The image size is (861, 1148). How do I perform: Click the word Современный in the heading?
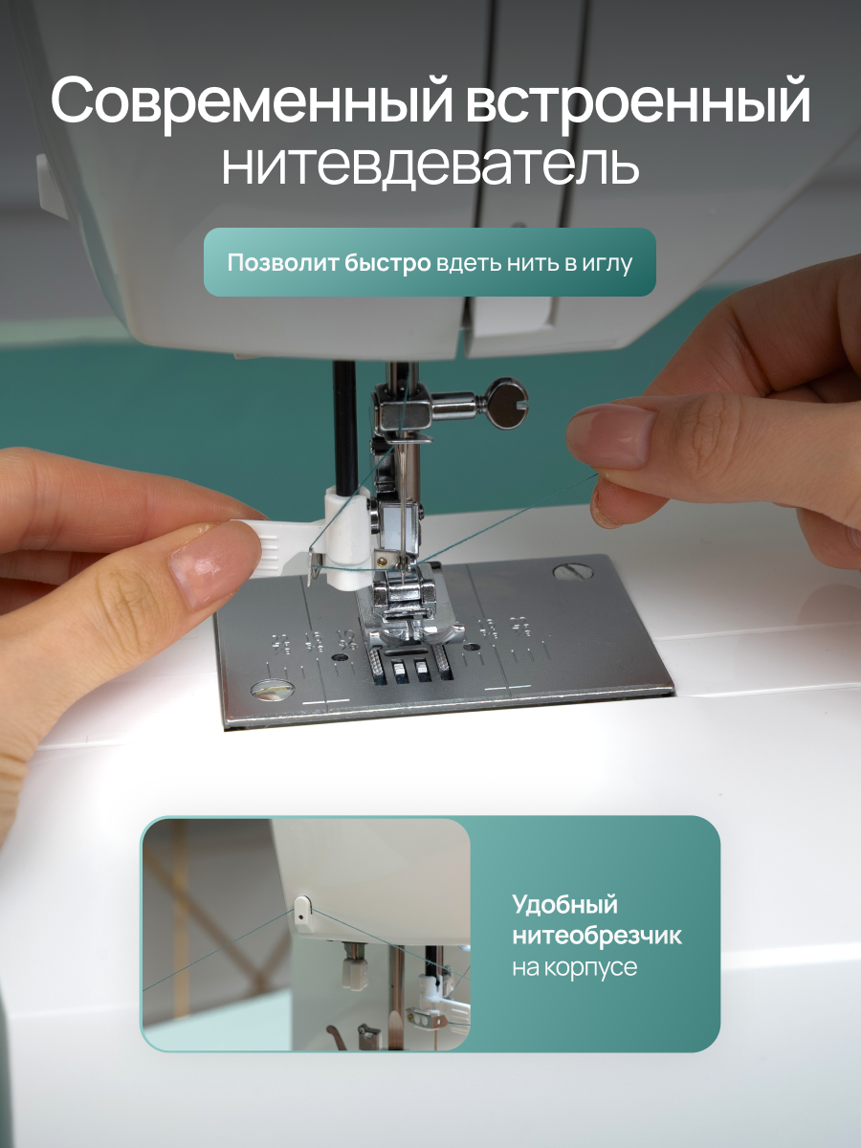pos(252,101)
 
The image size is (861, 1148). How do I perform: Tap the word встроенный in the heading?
pos(638,101)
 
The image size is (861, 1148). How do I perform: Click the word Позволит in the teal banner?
pos(282,263)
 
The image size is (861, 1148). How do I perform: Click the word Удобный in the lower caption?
pos(564,905)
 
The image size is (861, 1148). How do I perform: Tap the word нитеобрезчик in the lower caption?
pos(596,936)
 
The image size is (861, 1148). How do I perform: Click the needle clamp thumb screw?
pos(504,405)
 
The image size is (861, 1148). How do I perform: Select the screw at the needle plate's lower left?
pos(273,691)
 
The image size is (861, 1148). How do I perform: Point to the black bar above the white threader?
pos(345,427)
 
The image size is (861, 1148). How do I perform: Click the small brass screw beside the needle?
pos(386,562)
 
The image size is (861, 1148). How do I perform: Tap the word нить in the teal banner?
pos(533,264)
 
